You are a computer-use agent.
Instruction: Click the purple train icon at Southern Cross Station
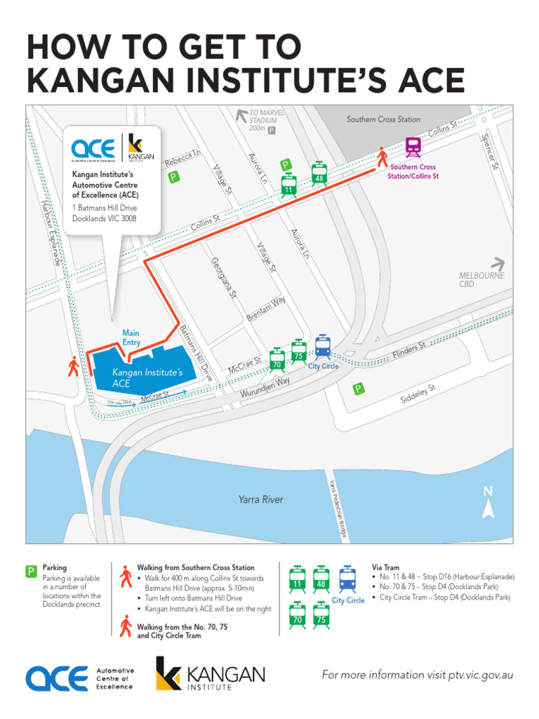click(413, 147)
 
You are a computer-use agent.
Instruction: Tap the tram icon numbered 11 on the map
click(288, 184)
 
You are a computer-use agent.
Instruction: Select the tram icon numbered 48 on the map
click(319, 173)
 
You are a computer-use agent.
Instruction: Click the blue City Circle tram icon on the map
click(323, 347)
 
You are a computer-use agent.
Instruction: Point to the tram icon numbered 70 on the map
click(277, 359)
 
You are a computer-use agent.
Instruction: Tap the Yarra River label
click(261, 499)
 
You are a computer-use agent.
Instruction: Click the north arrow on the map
click(489, 501)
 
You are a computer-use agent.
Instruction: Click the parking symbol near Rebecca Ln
click(173, 178)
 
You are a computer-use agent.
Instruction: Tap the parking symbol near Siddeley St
click(359, 389)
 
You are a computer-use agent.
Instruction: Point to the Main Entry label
click(131, 338)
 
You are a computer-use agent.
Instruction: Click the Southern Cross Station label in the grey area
click(383, 119)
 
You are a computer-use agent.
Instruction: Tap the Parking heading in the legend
click(55, 567)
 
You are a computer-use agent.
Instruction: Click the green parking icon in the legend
click(32, 572)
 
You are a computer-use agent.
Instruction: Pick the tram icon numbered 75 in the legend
click(321, 614)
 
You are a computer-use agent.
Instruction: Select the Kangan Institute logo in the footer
click(210, 676)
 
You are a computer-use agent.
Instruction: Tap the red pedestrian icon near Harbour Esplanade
click(74, 366)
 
